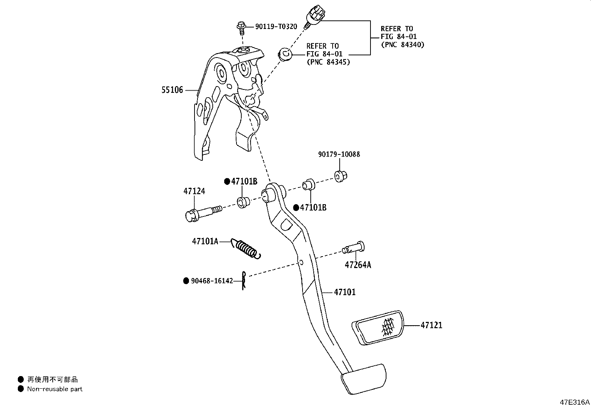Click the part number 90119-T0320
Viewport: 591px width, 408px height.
[276, 27]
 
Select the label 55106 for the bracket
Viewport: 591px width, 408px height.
[172, 90]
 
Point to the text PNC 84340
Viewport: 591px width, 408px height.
[403, 45]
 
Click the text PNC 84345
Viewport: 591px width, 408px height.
[328, 62]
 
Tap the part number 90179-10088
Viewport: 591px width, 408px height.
[339, 154]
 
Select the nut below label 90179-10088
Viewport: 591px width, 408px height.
[341, 176]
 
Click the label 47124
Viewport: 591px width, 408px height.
[194, 191]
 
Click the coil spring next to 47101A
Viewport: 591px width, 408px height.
[246, 248]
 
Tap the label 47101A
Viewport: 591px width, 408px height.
[205, 241]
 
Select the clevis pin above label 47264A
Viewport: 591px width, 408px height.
[353, 248]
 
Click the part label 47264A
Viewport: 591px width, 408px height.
[358, 265]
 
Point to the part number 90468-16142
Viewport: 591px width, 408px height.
[212, 281]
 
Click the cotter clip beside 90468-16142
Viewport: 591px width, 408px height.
[244, 281]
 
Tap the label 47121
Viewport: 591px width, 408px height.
[431, 325]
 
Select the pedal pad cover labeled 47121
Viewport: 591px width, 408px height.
[378, 328]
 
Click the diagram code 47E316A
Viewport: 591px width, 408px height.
[575, 402]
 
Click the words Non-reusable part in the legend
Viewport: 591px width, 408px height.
[55, 389]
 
